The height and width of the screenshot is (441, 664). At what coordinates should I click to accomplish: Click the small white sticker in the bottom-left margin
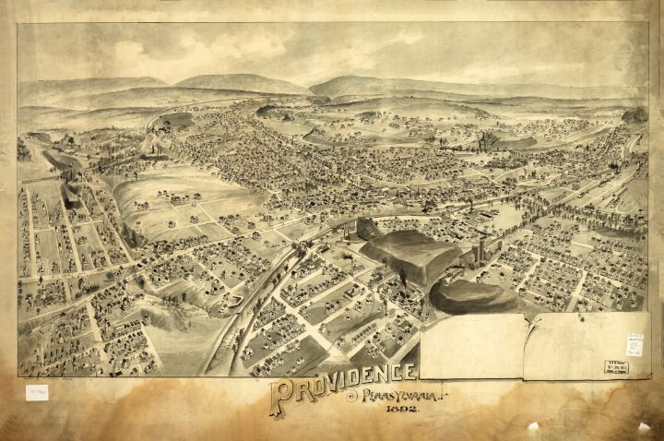37,392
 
